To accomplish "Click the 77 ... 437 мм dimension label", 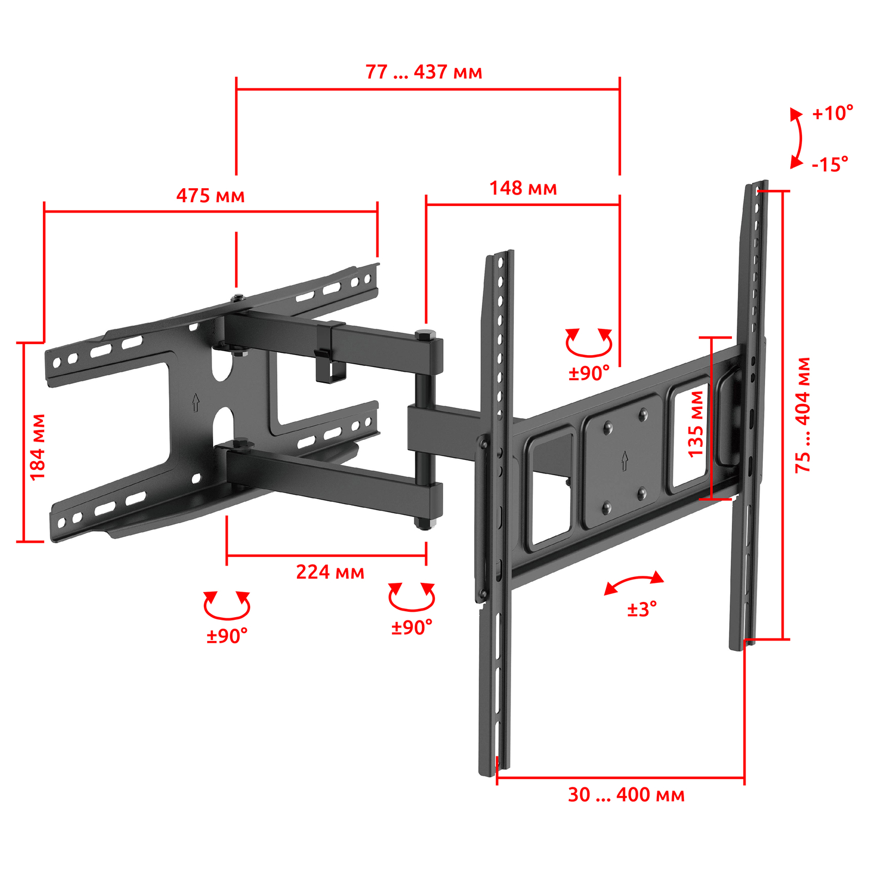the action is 424,72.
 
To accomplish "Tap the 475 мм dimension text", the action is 210,195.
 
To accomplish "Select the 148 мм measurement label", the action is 523,188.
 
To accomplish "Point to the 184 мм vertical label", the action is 38,447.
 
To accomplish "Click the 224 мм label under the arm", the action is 330,572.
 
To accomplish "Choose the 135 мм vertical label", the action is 695,424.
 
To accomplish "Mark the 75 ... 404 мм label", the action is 803,415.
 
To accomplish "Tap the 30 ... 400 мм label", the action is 626,795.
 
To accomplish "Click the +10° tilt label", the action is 832,113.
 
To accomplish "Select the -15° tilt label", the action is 830,164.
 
